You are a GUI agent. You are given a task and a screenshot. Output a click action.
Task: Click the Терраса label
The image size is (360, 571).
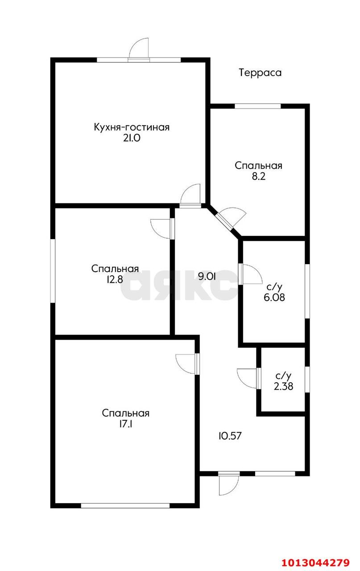pos(260,73)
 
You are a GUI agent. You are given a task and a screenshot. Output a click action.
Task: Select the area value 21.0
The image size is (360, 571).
pos(132,138)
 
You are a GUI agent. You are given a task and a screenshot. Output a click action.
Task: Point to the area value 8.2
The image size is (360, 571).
pos(259,176)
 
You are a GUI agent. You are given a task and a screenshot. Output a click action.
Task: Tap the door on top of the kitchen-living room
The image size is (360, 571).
pos(139,49)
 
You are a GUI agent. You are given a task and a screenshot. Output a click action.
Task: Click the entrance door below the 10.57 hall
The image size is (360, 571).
pos(228,484)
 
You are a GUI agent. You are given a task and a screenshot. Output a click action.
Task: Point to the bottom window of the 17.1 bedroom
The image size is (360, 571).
pos(125,505)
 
